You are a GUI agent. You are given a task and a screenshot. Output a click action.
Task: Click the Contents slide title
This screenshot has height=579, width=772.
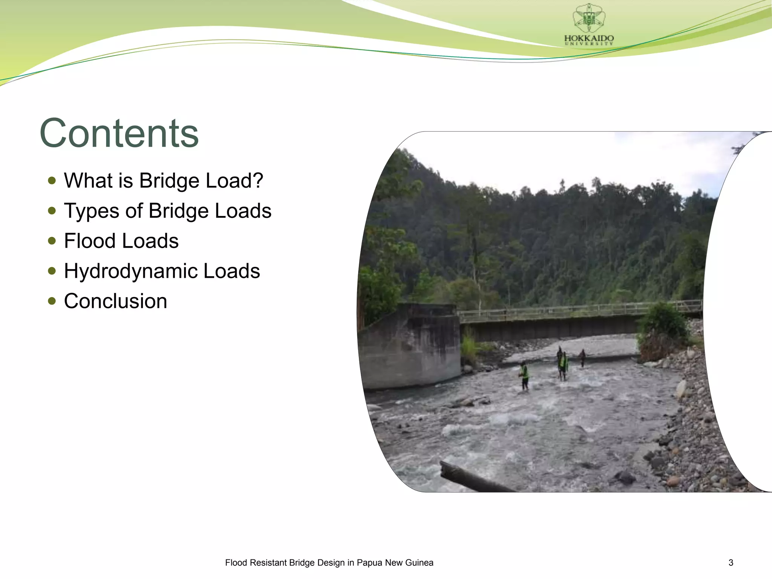[x=119, y=133]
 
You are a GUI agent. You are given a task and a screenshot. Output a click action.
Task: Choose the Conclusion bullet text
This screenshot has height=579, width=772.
[x=115, y=301]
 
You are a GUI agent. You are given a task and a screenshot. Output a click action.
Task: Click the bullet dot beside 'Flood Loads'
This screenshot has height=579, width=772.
[x=52, y=241]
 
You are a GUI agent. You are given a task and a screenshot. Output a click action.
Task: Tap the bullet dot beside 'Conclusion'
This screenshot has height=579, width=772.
[x=52, y=301]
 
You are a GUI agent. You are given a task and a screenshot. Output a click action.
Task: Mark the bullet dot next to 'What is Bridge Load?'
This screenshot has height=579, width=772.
[x=52, y=181]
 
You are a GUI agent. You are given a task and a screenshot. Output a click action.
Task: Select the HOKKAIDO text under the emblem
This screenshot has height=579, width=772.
[x=589, y=38]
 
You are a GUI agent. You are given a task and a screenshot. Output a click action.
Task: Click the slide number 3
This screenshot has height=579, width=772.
[x=731, y=563]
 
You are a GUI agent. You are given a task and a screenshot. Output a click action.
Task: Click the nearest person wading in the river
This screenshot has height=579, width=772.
[x=524, y=375]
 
